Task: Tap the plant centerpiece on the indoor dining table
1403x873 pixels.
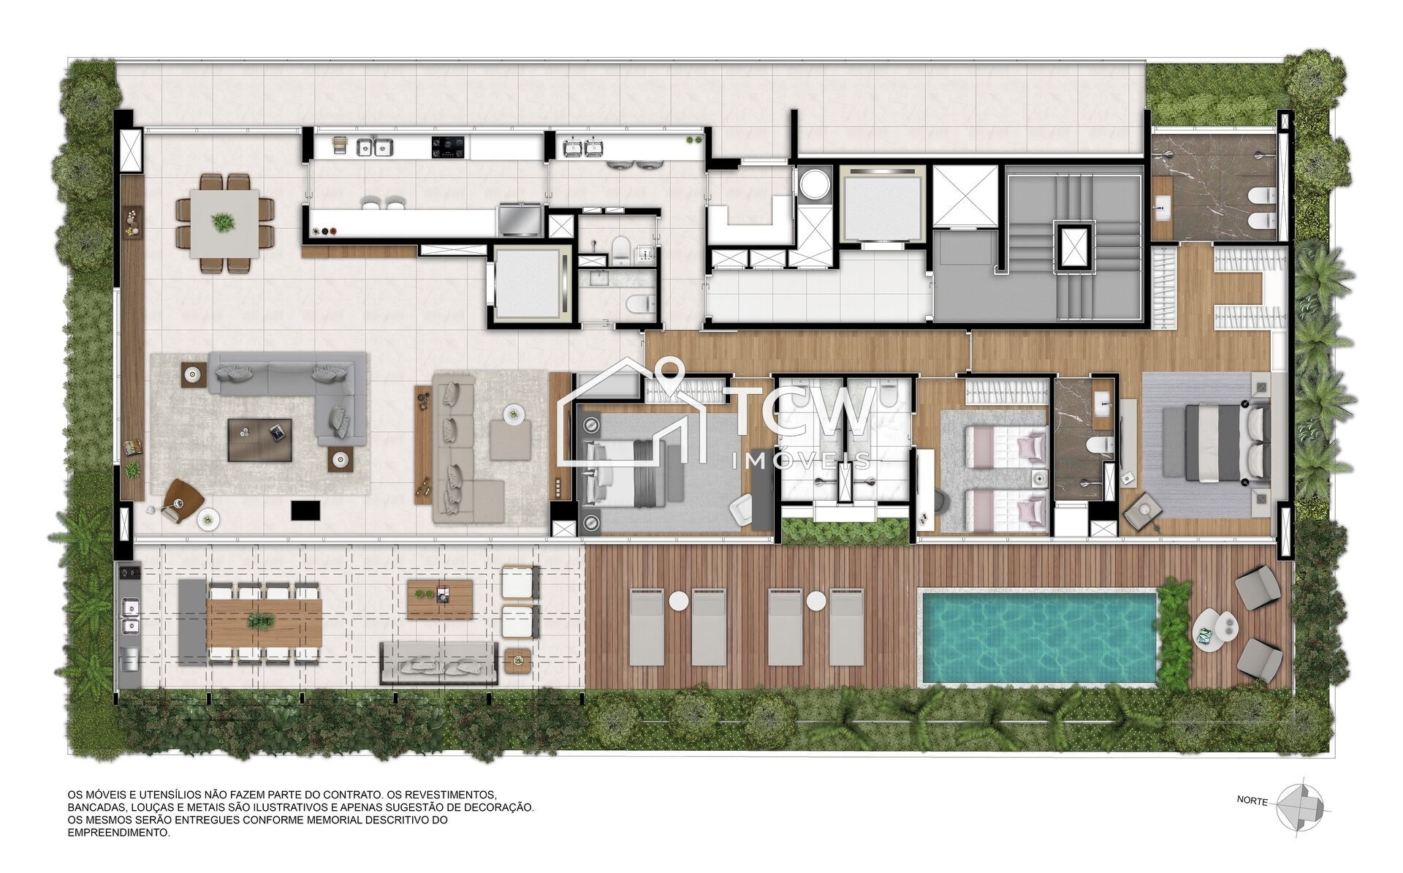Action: click(x=224, y=221)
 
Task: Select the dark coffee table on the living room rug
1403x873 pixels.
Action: click(x=259, y=439)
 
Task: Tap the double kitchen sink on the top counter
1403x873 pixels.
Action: click(x=373, y=148)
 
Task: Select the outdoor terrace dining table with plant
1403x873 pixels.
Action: click(x=264, y=621)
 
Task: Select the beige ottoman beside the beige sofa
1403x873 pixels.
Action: click(x=510, y=440)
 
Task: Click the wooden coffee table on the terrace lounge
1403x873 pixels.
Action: click(x=440, y=600)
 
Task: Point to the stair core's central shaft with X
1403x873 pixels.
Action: click(x=1073, y=246)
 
